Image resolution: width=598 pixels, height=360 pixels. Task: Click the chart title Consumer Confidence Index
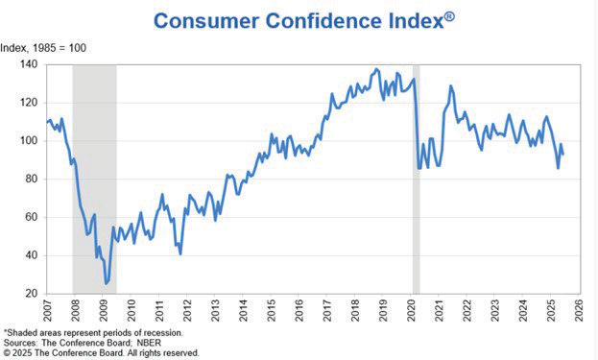pyautogui.click(x=299, y=20)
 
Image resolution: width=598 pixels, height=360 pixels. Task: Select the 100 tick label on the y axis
pyautogui.click(x=28, y=140)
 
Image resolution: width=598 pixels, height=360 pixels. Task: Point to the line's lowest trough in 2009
pyautogui.click(x=106, y=283)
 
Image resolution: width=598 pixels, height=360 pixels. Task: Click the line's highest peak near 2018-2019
pyautogui.click(x=375, y=69)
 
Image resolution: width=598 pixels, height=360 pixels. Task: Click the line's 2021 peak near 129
pyautogui.click(x=450, y=86)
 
